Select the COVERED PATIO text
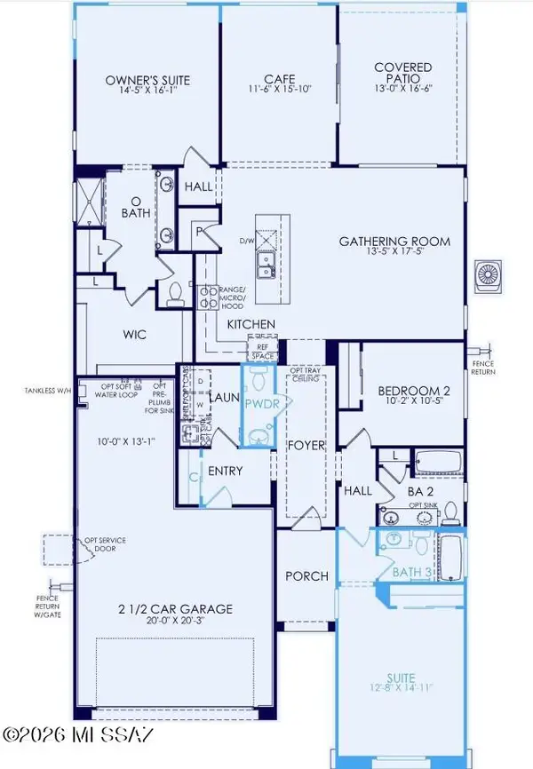(402, 73)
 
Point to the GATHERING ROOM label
(394, 241)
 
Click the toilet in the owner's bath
(175, 291)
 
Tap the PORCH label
(306, 575)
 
